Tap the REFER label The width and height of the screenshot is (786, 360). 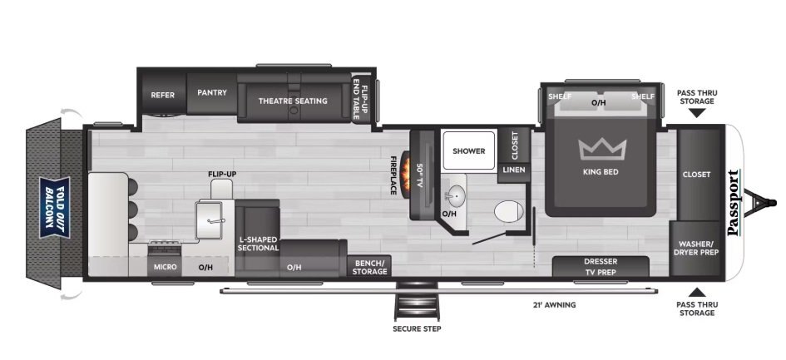click(x=163, y=95)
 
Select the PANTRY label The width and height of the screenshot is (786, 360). click(x=212, y=93)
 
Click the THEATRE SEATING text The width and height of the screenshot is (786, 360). click(x=293, y=101)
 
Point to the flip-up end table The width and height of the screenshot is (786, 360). click(x=361, y=98)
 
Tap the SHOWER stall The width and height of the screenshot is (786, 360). click(x=469, y=150)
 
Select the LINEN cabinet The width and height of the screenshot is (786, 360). click(x=514, y=170)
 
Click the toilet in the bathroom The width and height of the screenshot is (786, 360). click(x=508, y=211)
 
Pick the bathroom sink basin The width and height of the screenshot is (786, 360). click(x=455, y=193)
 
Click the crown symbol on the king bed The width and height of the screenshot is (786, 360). click(x=602, y=150)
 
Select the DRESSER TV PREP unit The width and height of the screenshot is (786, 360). click(x=601, y=267)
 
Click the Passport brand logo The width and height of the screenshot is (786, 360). click(x=734, y=203)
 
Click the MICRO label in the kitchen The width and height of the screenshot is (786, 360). click(x=165, y=267)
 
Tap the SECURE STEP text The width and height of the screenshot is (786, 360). click(x=417, y=329)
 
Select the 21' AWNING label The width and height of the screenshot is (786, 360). click(x=554, y=304)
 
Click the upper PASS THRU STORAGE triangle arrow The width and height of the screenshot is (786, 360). click(x=696, y=113)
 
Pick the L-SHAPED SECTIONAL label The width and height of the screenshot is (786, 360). click(x=258, y=244)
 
